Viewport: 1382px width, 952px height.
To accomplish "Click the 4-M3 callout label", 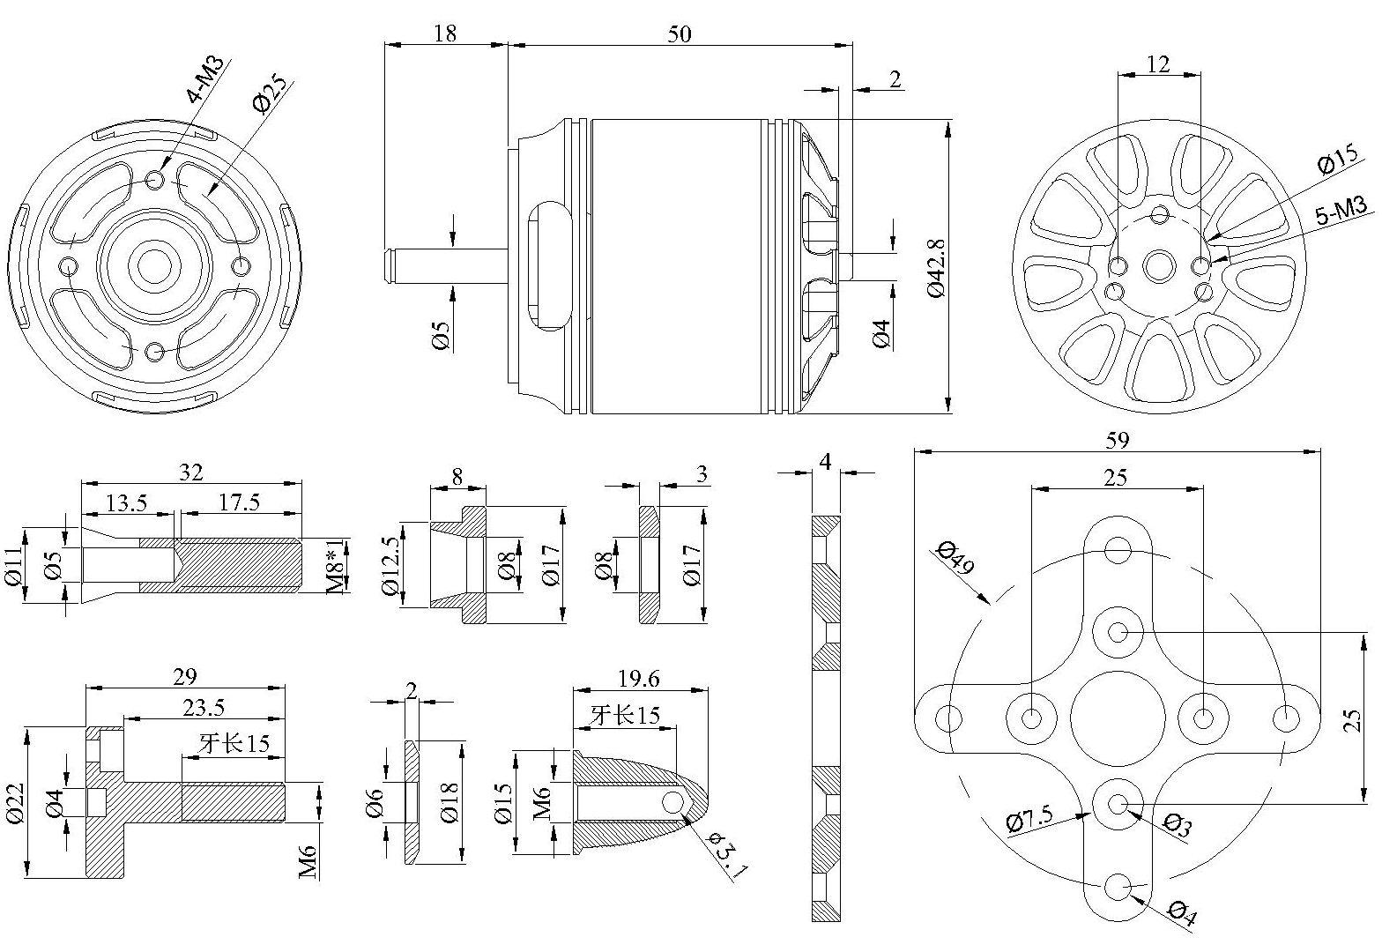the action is [204, 79].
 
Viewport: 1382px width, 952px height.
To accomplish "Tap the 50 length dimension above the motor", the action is [680, 33].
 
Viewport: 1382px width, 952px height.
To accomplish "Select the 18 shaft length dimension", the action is [445, 33].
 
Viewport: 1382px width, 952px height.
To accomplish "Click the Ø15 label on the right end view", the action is [1337, 159].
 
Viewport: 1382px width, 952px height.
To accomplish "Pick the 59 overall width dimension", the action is [1118, 440].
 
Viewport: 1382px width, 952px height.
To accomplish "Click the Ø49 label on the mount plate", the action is [955, 557].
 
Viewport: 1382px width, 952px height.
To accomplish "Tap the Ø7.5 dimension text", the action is [1029, 819].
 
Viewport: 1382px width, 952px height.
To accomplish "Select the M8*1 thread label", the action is [337, 566].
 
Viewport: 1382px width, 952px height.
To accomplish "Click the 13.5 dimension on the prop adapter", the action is [127, 503].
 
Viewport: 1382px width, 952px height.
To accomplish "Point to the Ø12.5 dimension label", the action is [390, 566].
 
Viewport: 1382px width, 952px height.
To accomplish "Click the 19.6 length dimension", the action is [638, 679].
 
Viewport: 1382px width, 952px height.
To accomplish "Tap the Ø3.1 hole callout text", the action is [729, 854].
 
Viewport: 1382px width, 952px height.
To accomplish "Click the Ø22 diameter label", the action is [15, 803].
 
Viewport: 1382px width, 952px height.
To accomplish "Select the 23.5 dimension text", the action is [204, 708].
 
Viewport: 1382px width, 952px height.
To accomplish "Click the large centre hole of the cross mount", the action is [1118, 718].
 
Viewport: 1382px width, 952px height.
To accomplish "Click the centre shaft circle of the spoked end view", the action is [1159, 266].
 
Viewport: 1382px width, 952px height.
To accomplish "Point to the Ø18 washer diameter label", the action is [450, 802].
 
